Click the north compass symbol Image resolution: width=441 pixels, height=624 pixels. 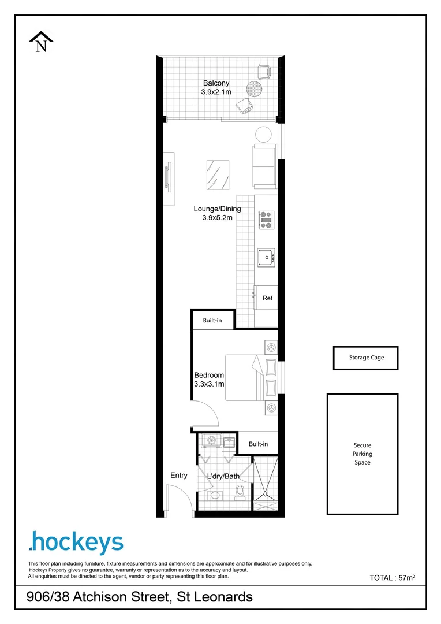tap(41, 42)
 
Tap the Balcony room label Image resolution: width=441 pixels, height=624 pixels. tap(216, 83)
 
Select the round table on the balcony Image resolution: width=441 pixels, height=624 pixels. tap(254, 89)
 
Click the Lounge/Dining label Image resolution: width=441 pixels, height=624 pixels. tap(217, 209)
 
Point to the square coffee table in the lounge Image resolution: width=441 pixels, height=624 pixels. tap(218, 174)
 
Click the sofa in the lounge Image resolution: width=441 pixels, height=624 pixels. tap(264, 166)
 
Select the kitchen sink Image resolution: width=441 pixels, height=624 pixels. tap(266, 257)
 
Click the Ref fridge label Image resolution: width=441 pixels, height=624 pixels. tap(267, 299)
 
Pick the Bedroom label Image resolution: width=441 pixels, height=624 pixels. tap(209, 376)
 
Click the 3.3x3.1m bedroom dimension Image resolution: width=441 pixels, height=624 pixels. tap(209, 384)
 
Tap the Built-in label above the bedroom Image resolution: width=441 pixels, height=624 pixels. tap(212, 320)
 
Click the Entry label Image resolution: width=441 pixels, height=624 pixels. tap(179, 476)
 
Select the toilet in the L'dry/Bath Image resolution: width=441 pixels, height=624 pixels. tap(241, 492)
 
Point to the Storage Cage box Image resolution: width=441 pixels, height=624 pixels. tap(366, 358)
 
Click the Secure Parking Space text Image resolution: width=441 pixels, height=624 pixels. tap(362, 454)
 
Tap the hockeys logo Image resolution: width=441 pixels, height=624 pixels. tap(76, 543)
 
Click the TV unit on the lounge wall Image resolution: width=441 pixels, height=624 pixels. tap(169, 179)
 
